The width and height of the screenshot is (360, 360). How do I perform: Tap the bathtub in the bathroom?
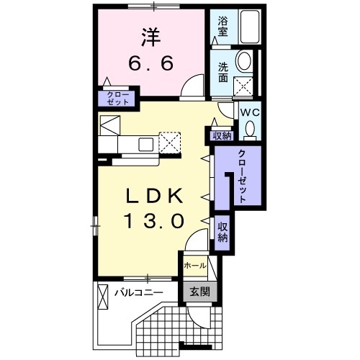pos(249,27)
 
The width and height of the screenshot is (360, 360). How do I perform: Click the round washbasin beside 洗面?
pos(244,63)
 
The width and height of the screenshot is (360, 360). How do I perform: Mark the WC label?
pos(249,113)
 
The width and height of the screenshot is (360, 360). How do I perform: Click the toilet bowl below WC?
pos(249,129)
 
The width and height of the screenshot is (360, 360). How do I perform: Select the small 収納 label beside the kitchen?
pos(222,135)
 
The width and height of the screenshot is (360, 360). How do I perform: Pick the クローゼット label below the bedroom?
pos(117,99)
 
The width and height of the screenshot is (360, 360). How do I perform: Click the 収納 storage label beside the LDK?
pos(222,232)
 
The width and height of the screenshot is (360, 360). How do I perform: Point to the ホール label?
pos(194,266)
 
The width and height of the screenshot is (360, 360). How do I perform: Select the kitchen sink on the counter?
pos(145,143)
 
